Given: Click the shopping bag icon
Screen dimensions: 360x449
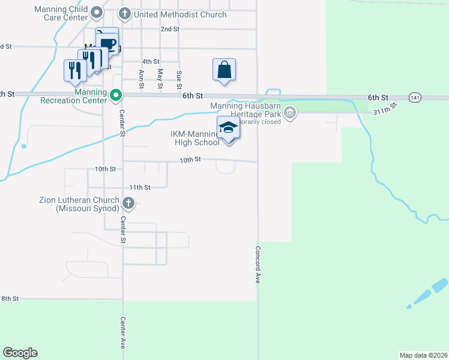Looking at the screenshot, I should (x=224, y=70).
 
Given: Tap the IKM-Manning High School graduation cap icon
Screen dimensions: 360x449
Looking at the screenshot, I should (x=228, y=128).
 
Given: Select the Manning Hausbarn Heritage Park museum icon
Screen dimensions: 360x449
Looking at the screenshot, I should (x=291, y=113).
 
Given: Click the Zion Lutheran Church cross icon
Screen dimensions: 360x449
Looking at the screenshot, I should (x=128, y=203).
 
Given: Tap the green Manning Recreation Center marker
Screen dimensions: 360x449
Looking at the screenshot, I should (x=116, y=95).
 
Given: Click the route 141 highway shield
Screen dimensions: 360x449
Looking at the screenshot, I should (x=415, y=97).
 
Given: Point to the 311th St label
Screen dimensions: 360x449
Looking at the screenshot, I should (x=385, y=109).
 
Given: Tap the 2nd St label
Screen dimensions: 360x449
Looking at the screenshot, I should (x=170, y=29).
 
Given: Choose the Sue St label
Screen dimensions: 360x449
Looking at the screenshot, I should (x=179, y=79).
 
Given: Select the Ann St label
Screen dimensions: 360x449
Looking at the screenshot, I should (x=142, y=79).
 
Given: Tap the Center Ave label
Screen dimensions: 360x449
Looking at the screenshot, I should (x=122, y=333).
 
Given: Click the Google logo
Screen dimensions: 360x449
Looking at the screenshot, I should (x=20, y=353).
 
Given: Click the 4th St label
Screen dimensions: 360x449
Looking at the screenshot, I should (x=151, y=62).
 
